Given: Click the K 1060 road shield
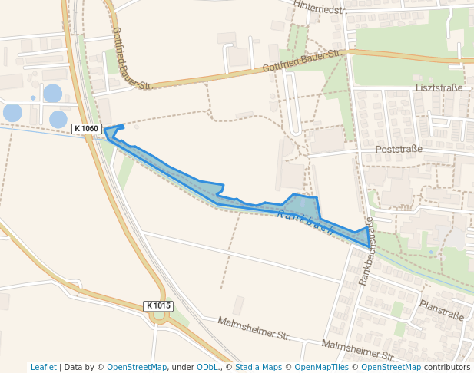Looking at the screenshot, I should click(x=87, y=128).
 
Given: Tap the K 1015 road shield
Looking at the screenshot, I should click(x=159, y=305).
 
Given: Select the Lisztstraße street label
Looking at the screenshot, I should click(x=439, y=87).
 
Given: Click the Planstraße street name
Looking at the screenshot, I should click(x=442, y=310).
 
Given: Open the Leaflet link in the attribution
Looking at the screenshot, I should click(x=44, y=367).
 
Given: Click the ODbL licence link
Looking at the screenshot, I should click(x=207, y=367).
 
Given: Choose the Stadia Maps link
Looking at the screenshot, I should click(x=258, y=367).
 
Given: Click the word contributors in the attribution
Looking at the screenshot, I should click(x=447, y=367).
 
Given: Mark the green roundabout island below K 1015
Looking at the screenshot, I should click(x=159, y=315).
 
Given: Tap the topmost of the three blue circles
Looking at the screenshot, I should click(x=52, y=94).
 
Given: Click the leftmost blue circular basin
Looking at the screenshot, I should click(x=12, y=112).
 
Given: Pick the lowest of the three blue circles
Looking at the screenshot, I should click(x=58, y=119).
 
